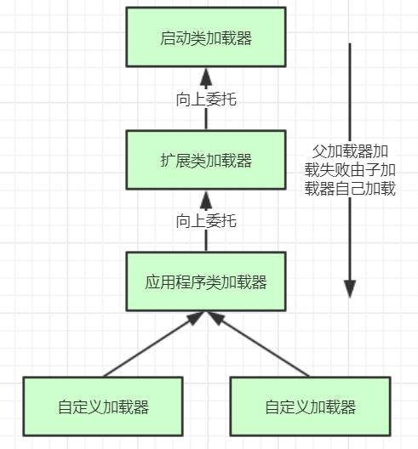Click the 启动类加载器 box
pyautogui.click(x=205, y=38)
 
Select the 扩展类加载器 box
pyautogui.click(x=205, y=160)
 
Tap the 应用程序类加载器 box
pyautogui.click(x=205, y=281)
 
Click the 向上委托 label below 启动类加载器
pyautogui.click(x=206, y=99)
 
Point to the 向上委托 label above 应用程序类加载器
pyautogui.click(x=206, y=221)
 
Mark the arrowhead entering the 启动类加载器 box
pyautogui.click(x=205, y=74)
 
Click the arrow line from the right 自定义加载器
pyautogui.click(x=261, y=345)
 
